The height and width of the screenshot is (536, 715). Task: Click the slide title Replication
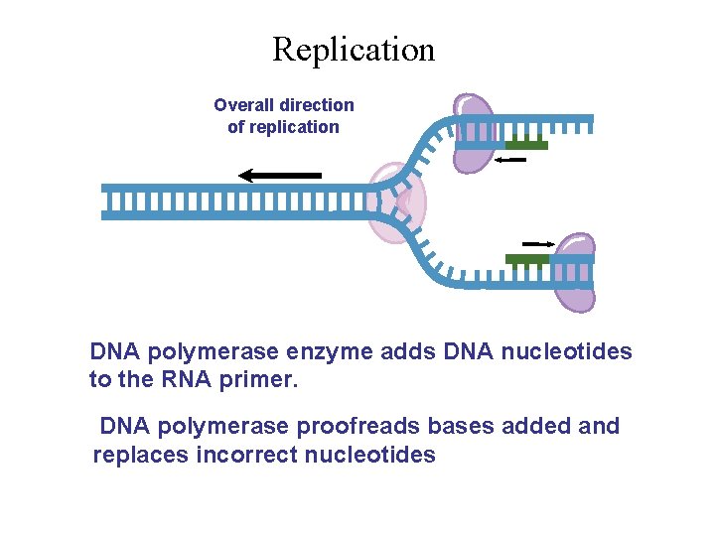(x=354, y=49)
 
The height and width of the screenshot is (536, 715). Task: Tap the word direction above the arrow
(x=317, y=104)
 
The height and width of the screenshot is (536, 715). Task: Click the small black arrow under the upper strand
(x=509, y=159)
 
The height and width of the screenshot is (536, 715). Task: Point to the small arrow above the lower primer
(x=538, y=242)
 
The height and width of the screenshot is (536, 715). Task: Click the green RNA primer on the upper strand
(x=526, y=145)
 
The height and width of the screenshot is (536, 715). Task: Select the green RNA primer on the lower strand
(x=527, y=259)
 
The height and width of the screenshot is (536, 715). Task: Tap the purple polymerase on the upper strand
(x=474, y=133)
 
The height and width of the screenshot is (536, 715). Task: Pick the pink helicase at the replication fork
(x=397, y=204)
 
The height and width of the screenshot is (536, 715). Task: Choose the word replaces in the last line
(x=132, y=455)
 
